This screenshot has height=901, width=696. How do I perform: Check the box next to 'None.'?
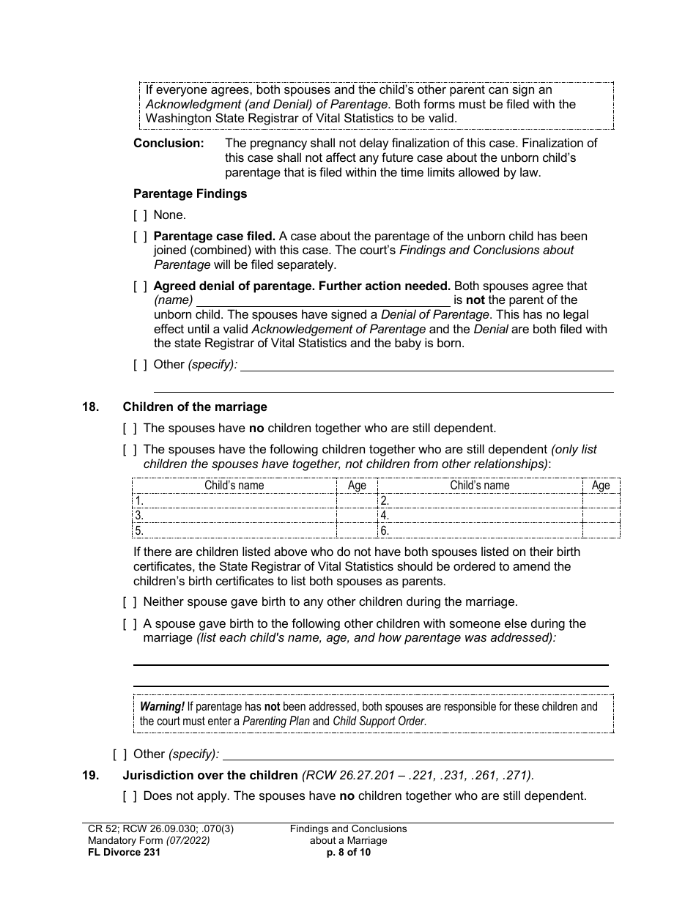point(140,215)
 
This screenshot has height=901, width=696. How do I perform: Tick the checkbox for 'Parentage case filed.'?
point(140,237)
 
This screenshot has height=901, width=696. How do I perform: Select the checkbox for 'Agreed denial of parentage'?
point(140,286)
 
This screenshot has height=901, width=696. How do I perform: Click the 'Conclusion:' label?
point(169,144)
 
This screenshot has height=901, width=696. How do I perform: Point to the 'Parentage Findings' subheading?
point(190,194)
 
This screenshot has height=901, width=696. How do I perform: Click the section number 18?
point(90,407)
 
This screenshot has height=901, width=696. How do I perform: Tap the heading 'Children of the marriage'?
point(195,407)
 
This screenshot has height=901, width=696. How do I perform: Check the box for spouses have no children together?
point(130,429)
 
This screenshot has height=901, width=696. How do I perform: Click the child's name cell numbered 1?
point(234,501)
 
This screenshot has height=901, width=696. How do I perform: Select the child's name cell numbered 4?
point(479,516)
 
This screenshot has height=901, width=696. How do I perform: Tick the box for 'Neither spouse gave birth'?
point(130,602)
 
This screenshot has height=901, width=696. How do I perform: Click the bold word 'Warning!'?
point(162,707)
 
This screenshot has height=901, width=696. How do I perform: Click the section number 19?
point(90,776)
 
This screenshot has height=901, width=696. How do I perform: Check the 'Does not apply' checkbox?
point(130,796)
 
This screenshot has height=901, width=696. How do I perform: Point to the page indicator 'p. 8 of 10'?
point(348,853)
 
